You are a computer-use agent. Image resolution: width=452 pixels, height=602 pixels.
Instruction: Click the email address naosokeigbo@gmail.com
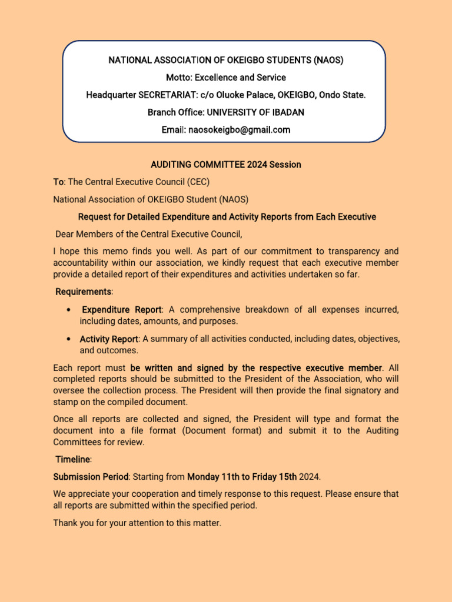pyautogui.click(x=238, y=130)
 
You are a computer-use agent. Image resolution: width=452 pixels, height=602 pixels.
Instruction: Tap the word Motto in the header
pyautogui.click(x=178, y=78)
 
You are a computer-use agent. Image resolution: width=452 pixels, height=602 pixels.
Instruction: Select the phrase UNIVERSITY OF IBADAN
pyautogui.click(x=255, y=112)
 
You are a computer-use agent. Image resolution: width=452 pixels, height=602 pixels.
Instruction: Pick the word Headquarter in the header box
pyautogui.click(x=111, y=95)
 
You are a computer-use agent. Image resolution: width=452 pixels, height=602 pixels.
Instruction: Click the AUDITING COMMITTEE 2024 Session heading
pyautogui.click(x=226, y=165)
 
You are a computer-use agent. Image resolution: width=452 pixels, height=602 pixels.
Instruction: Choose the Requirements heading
pyautogui.click(x=83, y=292)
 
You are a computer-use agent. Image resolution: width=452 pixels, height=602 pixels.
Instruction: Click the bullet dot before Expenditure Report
pyautogui.click(x=70, y=310)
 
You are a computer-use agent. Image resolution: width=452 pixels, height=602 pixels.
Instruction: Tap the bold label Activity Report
pyautogui.click(x=109, y=339)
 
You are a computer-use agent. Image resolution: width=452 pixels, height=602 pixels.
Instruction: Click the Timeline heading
pyautogui.click(x=73, y=459)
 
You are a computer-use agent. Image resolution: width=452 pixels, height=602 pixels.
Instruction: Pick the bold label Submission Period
pyautogui.click(x=90, y=477)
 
